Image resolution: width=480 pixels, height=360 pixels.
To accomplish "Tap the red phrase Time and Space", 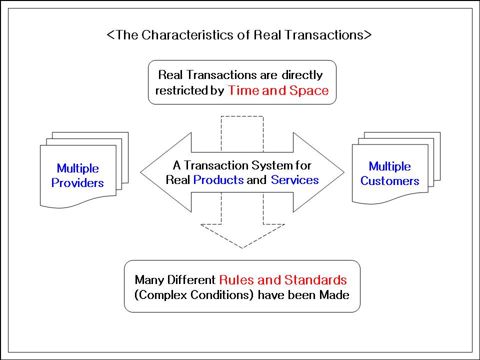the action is click(x=278, y=90).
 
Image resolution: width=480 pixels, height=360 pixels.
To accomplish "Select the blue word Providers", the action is click(x=77, y=183).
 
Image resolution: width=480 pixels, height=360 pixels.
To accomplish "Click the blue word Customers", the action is click(x=389, y=181).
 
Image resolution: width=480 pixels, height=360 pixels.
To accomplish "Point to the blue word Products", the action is click(x=218, y=180).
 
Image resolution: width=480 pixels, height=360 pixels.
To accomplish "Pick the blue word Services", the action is click(x=295, y=180).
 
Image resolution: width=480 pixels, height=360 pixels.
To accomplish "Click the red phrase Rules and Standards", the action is click(x=283, y=280).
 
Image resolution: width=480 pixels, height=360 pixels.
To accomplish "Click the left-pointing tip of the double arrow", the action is click(x=140, y=172).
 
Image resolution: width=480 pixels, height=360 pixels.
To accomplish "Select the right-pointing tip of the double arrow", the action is click(x=344, y=172).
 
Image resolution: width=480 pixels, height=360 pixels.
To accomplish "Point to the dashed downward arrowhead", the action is click(x=243, y=235).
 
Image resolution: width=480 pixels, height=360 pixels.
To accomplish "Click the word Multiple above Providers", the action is click(x=78, y=168).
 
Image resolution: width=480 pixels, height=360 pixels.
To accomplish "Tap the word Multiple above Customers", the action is click(x=389, y=166).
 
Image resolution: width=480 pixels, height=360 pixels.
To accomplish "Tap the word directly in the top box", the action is click(x=302, y=75).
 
